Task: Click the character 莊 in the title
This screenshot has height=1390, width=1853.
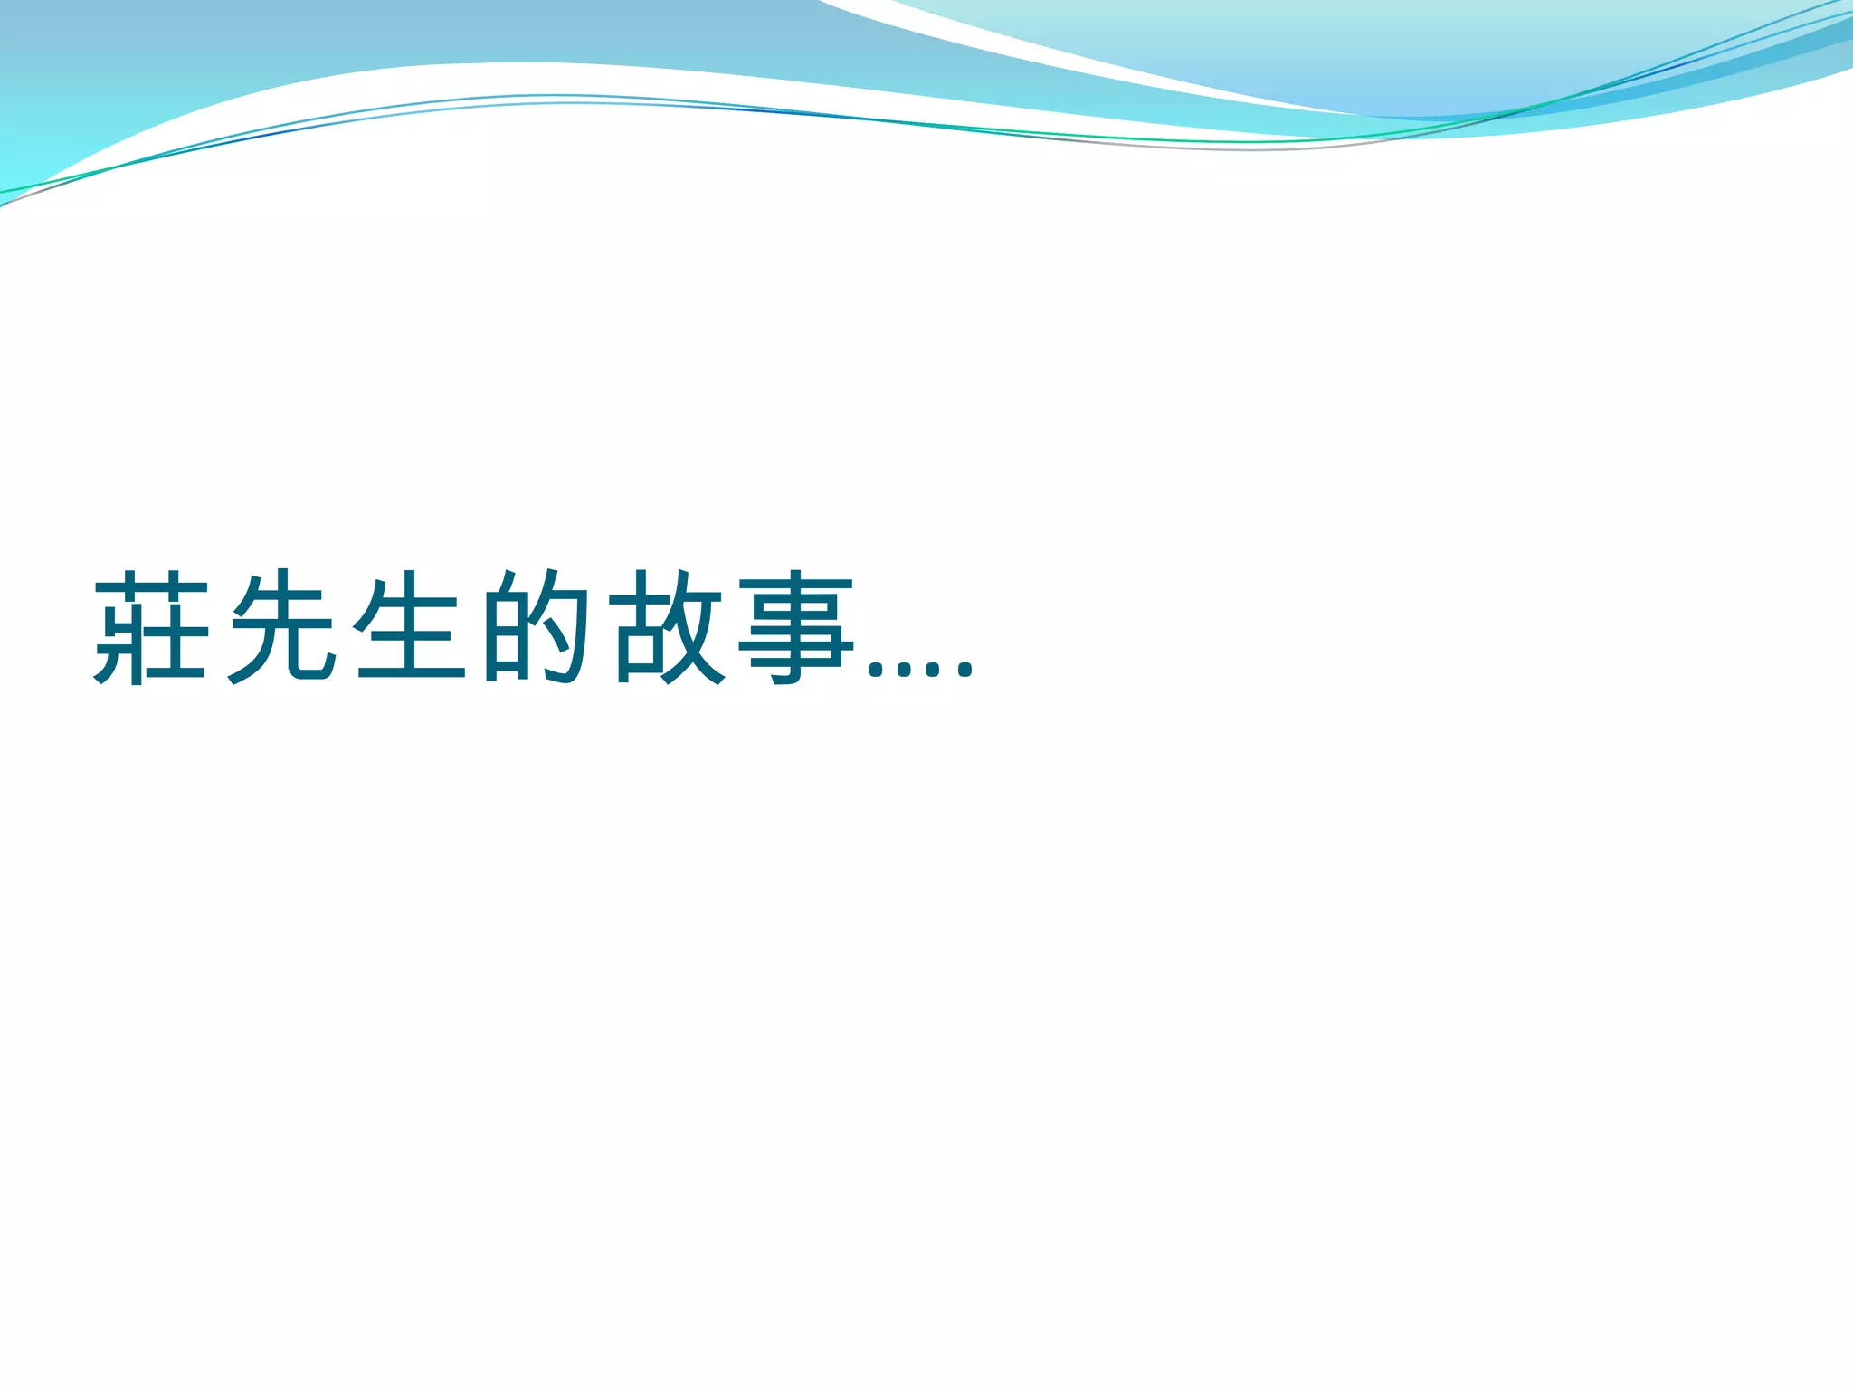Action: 152,627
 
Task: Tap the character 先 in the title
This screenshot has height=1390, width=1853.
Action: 282,627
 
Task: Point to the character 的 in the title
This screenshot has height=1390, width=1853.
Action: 537,627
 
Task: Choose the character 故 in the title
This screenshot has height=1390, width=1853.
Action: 668,627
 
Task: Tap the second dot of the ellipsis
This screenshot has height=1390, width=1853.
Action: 906,671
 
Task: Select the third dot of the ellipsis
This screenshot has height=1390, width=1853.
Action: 936,671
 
